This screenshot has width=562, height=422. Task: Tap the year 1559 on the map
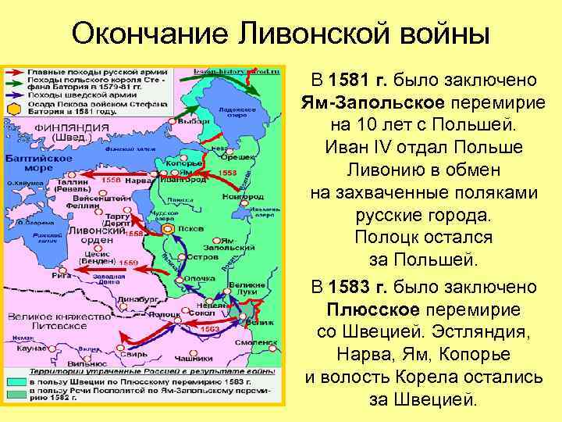click(129, 263)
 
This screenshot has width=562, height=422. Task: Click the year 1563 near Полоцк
click(209, 329)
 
